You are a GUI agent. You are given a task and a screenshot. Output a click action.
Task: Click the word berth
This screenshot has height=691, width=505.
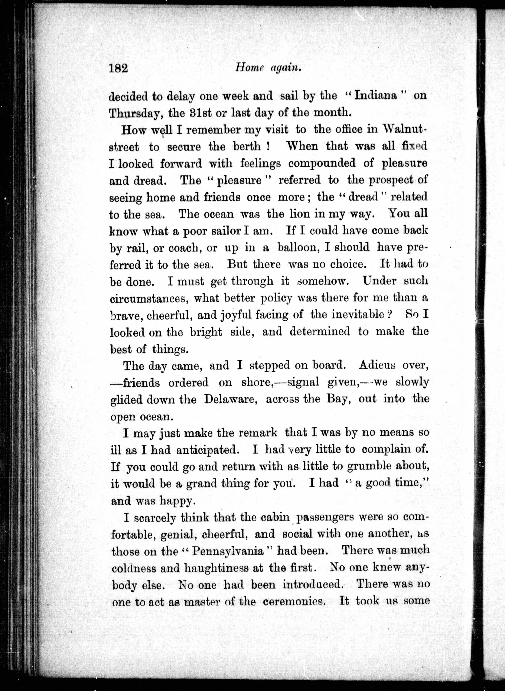pyautogui.click(x=243, y=147)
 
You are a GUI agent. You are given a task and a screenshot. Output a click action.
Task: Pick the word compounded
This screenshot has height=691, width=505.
pyautogui.click(x=322, y=163)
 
